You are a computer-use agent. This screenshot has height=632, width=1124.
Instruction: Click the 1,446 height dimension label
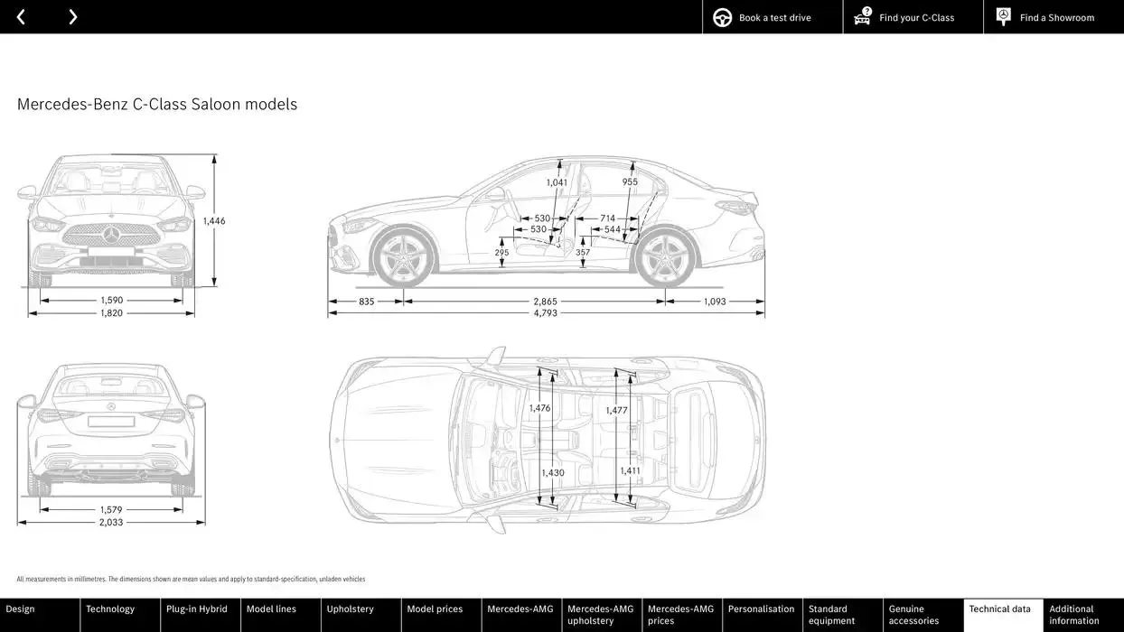point(214,221)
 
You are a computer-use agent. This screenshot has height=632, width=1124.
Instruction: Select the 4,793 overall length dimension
point(545,313)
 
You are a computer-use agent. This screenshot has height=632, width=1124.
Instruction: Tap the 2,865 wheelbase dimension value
point(545,302)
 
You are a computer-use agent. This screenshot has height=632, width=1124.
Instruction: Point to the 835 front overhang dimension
point(366,302)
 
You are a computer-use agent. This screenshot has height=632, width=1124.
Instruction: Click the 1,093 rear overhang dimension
point(715,302)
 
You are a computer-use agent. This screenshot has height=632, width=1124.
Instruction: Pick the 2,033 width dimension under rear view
point(111,523)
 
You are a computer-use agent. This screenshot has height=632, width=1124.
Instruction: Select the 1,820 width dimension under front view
point(111,313)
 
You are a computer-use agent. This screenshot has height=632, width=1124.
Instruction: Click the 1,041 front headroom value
point(557,182)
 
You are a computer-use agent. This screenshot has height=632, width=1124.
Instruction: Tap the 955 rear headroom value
point(630,182)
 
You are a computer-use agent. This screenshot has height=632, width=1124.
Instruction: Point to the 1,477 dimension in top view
point(616,411)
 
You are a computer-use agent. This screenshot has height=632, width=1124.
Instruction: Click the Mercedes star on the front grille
point(111,235)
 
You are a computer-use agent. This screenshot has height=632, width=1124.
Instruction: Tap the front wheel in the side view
point(403,258)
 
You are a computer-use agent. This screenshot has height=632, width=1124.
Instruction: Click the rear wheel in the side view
point(665,258)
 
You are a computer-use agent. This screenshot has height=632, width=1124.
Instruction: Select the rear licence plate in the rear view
point(111,422)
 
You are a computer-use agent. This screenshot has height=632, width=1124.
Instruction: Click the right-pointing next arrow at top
point(72,17)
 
